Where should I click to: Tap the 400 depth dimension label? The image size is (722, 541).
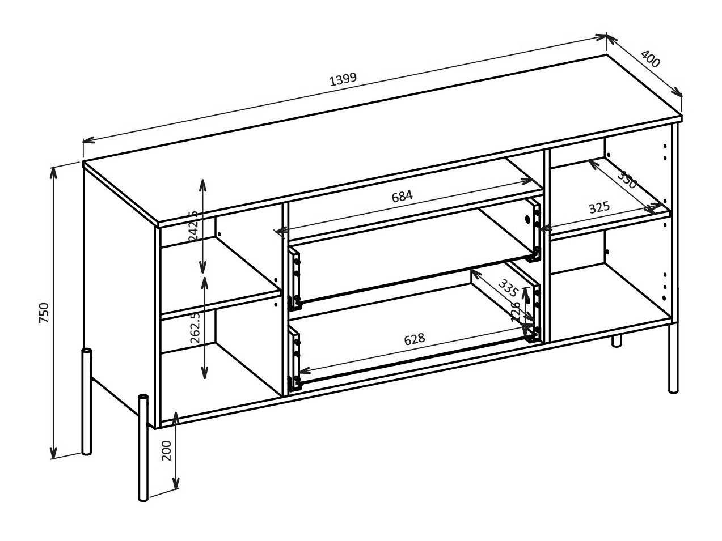point(651,59)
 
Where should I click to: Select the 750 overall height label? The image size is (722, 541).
point(44,313)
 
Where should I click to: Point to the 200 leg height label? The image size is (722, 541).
point(166,450)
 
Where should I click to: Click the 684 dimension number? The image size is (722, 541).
point(402,196)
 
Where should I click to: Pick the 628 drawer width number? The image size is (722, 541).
point(414,339)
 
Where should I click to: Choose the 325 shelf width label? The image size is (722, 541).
point(599,208)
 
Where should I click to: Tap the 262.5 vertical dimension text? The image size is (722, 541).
point(195,327)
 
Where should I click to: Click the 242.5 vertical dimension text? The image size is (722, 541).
point(193,225)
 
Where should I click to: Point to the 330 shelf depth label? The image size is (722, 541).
point(627,180)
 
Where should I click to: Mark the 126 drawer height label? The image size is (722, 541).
point(516,312)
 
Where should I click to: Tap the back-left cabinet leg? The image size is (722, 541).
point(86,402)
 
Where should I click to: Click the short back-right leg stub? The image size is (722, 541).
point(617,341)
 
